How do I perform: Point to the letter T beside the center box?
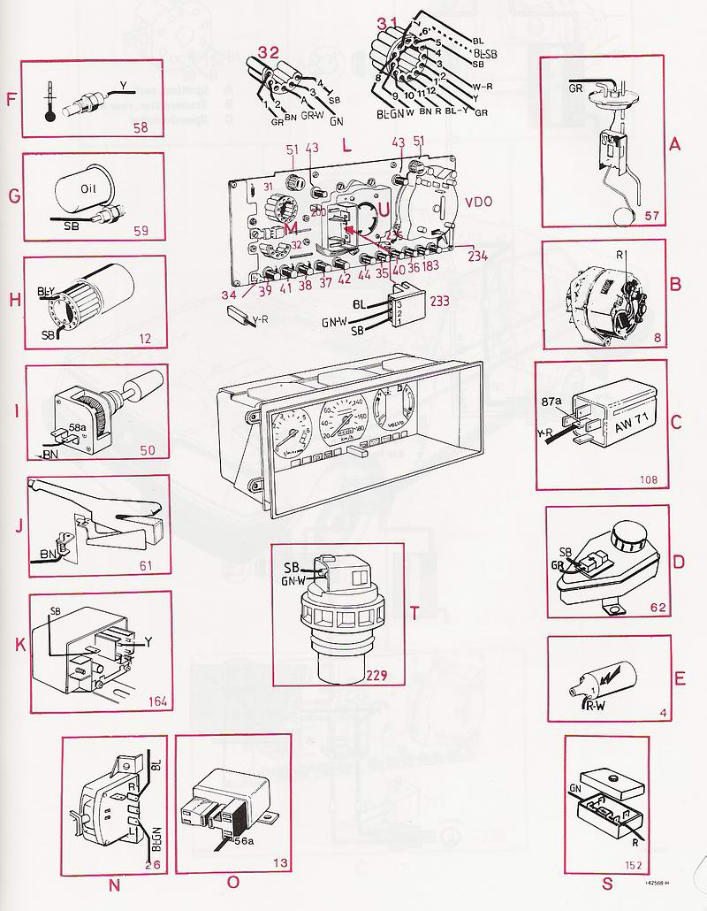tap(415, 614)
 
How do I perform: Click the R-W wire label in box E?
tap(593, 706)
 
